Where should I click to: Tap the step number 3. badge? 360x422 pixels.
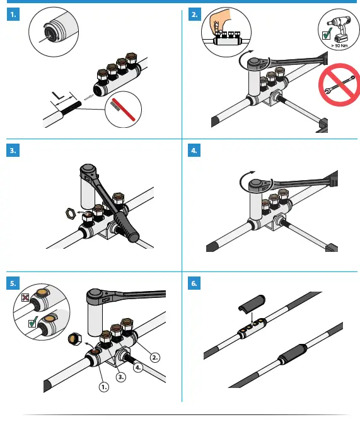(12, 151)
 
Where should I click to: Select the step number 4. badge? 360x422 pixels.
(195, 151)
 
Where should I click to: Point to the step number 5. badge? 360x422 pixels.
(12, 284)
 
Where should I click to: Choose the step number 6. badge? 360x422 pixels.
(195, 284)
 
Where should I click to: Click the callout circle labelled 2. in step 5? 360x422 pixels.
(155, 356)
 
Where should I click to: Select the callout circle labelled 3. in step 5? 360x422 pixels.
(122, 376)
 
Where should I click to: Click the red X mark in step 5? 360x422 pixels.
(25, 296)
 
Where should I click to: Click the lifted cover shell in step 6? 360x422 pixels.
(252, 304)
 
